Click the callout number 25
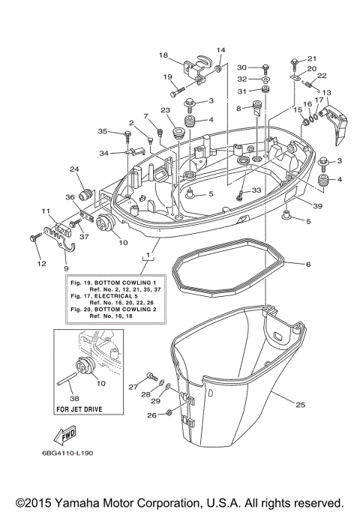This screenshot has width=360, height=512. (x=300, y=406)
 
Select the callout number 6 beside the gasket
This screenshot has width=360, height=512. (x=307, y=264)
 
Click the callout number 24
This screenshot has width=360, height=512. (x=74, y=169)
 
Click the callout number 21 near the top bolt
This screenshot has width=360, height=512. (x=312, y=59)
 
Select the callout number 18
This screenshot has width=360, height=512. (x=163, y=55)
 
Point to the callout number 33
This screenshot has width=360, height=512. (x=257, y=192)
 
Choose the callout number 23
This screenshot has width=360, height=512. (x=164, y=110)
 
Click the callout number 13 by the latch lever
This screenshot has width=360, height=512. (x=325, y=92)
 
